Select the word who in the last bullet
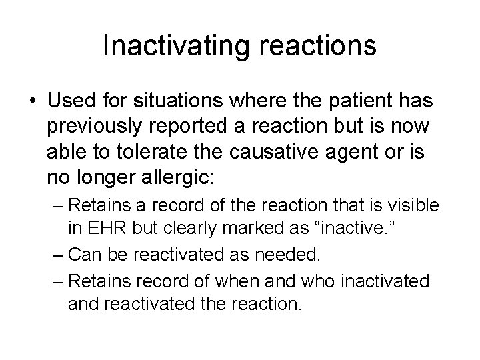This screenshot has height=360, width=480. click(318, 281)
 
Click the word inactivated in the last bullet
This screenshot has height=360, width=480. click(384, 281)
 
